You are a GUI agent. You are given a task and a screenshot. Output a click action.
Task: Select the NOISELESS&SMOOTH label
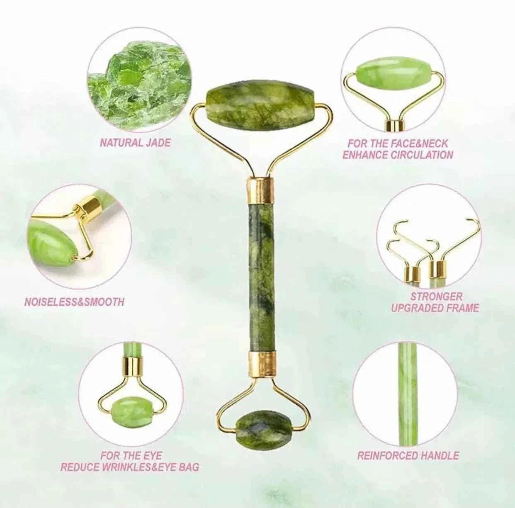click(x=74, y=302)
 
